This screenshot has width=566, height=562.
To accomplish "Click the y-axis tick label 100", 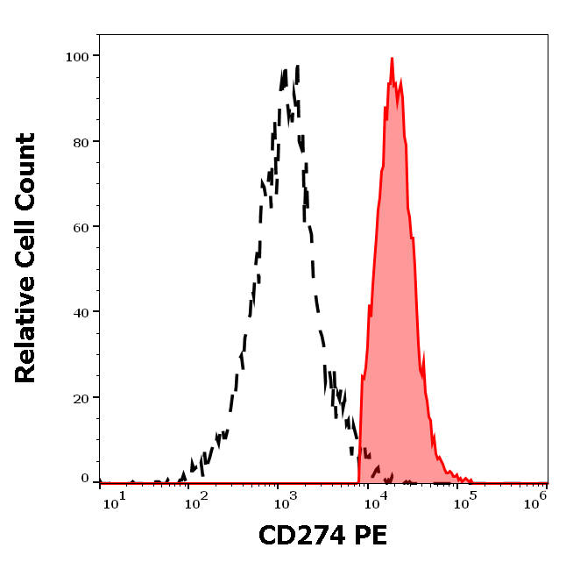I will (78, 56).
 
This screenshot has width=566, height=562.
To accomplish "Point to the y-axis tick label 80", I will (81, 141).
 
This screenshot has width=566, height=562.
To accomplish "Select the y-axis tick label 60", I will (81, 226).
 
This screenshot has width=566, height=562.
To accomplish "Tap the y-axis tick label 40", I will (81, 312).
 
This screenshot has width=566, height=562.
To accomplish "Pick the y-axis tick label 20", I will (81, 397).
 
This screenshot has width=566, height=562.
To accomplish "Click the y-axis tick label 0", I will (85, 480).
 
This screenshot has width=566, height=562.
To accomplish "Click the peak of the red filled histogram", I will (392, 59).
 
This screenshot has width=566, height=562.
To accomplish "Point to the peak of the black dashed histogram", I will (297, 67).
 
